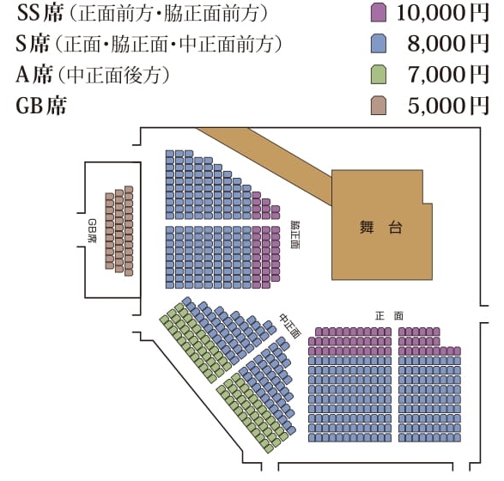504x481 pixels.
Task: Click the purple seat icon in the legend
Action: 379,13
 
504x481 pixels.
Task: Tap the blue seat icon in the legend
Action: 379,44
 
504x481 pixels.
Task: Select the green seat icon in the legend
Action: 379,74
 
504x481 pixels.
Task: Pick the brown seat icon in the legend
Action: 379,105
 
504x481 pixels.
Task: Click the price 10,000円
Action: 443,13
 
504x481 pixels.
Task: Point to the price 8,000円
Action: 448,44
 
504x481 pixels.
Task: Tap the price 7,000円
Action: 448,75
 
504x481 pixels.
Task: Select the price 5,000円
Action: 448,106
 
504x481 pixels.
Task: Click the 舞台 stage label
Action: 381,228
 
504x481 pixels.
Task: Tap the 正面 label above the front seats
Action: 389,316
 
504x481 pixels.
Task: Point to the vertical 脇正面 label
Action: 295,234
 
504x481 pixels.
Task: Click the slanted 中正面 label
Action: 290,326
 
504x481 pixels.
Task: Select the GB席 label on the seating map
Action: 92,230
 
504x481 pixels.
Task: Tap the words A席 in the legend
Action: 34,75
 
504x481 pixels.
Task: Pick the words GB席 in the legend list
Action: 41,106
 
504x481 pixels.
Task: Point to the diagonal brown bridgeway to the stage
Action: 264,166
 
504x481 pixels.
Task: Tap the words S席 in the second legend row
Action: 33,44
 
